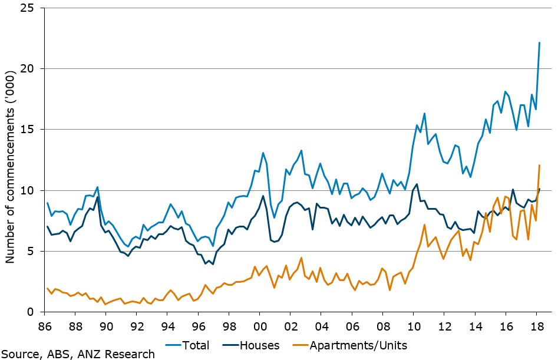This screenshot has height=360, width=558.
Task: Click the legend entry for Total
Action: click(x=187, y=345)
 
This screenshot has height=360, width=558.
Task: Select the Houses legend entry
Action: click(x=251, y=345)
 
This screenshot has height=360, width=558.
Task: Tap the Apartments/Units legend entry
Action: click(x=350, y=345)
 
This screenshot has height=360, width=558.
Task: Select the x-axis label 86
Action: click(x=44, y=326)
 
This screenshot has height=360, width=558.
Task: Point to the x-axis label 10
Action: click(x=414, y=326)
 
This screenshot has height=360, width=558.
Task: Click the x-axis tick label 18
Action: click(x=537, y=326)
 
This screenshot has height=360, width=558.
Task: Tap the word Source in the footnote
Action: click(x=21, y=354)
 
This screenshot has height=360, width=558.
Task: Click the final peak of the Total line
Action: click(x=540, y=42)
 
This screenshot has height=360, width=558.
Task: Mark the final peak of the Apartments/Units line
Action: click(x=540, y=165)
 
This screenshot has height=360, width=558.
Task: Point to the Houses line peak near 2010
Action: click(x=417, y=184)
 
